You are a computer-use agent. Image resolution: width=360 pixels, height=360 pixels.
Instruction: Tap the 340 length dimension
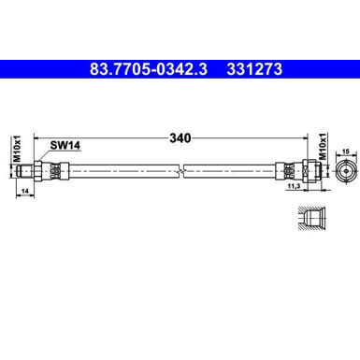click(x=180, y=137)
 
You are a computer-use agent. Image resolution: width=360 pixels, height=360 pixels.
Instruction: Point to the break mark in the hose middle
click(x=184, y=172)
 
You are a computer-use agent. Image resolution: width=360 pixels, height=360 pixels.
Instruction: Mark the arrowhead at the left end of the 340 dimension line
click(x=36, y=137)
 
